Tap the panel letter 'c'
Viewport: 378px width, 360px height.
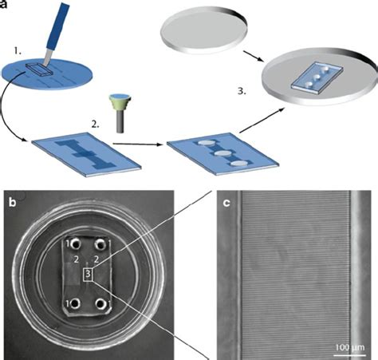tap(226, 202)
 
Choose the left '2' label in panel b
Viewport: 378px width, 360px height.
tap(76, 260)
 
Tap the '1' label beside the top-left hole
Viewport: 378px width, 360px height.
tap(69, 242)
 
